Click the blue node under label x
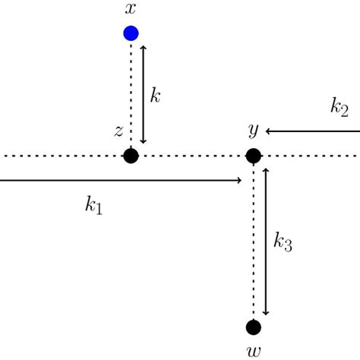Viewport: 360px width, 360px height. coord(131,33)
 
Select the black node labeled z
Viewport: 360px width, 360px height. coord(131,156)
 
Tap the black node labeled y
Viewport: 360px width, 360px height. coord(254,156)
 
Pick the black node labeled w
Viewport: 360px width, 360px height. coord(254,327)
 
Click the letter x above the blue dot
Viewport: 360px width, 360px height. coord(131,9)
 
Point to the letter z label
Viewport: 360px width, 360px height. coord(118,131)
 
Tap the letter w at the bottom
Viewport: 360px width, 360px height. coord(254,352)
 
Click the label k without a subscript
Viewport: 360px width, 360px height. coord(155,96)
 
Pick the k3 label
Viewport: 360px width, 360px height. coord(283,243)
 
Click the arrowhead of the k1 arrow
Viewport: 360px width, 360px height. coord(239,180)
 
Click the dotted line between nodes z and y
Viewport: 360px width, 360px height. coord(192,156)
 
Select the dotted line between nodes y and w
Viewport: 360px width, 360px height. coord(254,243)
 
